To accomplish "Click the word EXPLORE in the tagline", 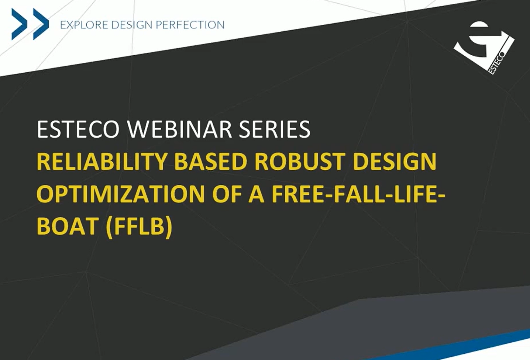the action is click(84, 25).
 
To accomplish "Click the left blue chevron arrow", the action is click(20, 24).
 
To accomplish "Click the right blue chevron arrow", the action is click(41, 24).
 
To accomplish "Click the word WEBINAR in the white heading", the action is click(179, 129).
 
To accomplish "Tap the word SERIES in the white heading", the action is click(275, 129).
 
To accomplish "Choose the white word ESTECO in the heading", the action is click(78, 129).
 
